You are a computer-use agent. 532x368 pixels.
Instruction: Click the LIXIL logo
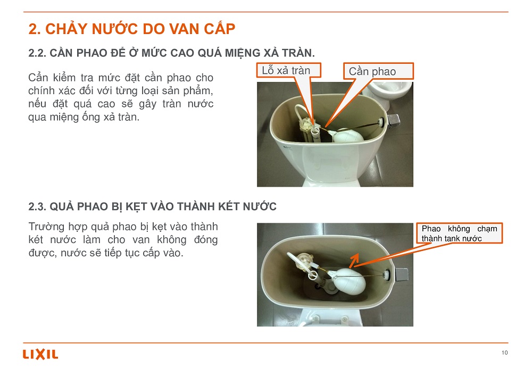(40, 354)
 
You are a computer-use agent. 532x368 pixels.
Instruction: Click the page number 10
(504, 353)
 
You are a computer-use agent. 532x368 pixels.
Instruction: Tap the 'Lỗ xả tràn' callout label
(288, 71)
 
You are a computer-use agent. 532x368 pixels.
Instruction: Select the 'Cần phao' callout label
(378, 71)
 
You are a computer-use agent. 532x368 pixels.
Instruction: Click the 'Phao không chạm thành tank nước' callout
(460, 233)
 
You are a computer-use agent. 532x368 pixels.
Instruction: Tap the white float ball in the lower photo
(349, 281)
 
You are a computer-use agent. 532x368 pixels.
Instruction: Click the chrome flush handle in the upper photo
(394, 120)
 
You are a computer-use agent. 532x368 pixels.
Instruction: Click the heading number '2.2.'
(37, 53)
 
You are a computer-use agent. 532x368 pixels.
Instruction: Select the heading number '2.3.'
(37, 206)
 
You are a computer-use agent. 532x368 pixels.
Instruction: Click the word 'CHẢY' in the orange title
(66, 29)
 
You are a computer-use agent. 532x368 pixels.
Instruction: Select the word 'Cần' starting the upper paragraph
(38, 77)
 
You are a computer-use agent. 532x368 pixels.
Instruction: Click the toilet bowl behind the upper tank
(389, 91)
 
